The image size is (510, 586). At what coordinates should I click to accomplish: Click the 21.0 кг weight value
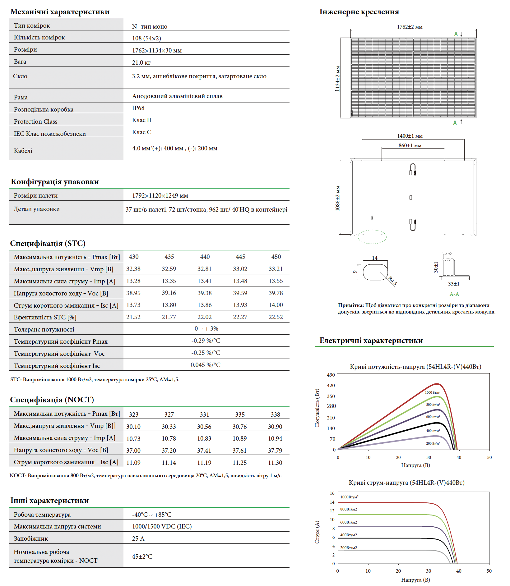coord(141,62)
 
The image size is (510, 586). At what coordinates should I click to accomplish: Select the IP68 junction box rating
coord(138,108)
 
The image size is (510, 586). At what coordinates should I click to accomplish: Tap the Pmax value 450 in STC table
coord(276,257)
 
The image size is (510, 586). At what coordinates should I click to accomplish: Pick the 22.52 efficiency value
coord(276,317)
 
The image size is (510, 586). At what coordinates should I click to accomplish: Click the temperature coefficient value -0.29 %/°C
coord(206,341)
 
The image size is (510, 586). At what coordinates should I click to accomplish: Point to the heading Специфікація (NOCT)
coord(52,400)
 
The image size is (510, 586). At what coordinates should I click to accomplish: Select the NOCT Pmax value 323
coord(134,414)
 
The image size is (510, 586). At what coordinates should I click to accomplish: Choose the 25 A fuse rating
coord(138,538)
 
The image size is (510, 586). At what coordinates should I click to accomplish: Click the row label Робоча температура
coord(42,515)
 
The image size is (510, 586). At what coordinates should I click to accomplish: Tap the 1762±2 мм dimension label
coord(410,27)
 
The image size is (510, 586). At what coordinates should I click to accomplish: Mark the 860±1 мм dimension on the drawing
coord(410,145)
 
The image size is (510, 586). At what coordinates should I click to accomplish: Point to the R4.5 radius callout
coord(392,281)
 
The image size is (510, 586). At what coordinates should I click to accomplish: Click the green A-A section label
coord(454,294)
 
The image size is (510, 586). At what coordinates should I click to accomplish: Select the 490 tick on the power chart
coord(331,375)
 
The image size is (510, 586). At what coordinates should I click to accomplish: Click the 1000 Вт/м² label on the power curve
coord(432,392)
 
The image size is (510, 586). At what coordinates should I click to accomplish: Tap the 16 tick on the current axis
coord(332,493)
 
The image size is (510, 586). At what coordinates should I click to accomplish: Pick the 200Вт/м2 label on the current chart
coord(348,547)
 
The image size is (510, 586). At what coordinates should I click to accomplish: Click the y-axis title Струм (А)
coord(317,532)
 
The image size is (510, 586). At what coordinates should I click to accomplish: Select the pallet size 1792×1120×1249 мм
coord(160,195)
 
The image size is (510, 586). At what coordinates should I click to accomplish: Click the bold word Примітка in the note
coord(351,305)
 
